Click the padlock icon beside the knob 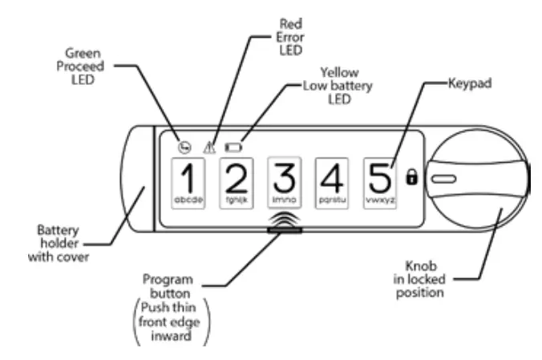click(x=412, y=177)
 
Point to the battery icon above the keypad click(x=233, y=147)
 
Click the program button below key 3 click(x=285, y=231)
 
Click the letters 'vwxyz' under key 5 click(x=381, y=200)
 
